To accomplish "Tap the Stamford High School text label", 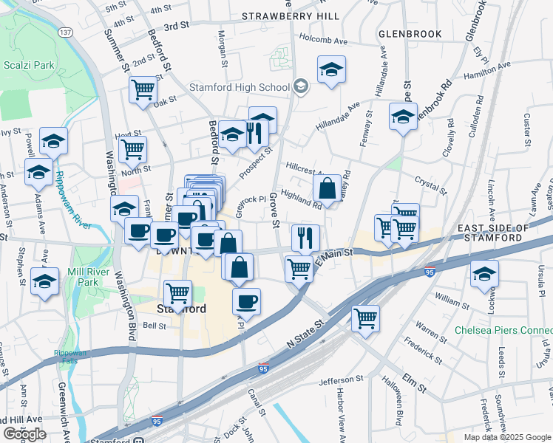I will pyautogui.click(x=239, y=87).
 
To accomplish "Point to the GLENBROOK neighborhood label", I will pyautogui.click(x=410, y=34).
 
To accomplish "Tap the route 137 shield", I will pyautogui.click(x=66, y=33).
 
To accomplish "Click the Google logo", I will pyautogui.click(x=24, y=434).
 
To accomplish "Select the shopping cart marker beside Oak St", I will pyautogui.click(x=143, y=89).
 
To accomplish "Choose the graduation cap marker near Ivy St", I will pyautogui.click(x=53, y=140).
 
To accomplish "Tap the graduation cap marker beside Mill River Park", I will pyautogui.click(x=45, y=281).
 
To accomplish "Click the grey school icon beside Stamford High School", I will pyautogui.click(x=300, y=87).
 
